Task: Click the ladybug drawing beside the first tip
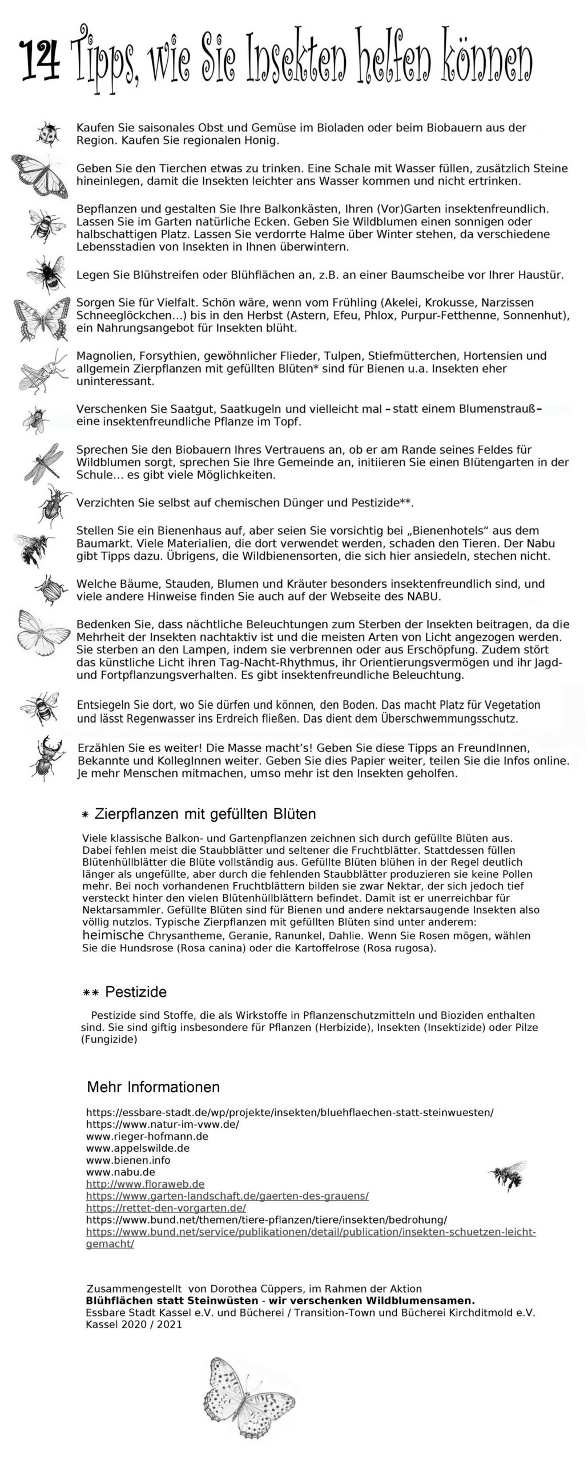48,134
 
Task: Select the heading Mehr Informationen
153,1087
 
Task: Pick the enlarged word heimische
113,935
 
